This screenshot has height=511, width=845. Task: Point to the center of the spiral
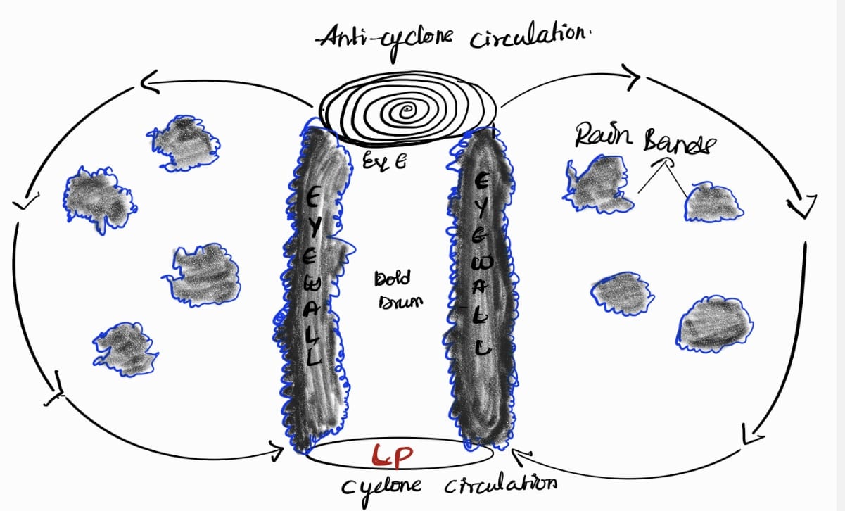(x=407, y=111)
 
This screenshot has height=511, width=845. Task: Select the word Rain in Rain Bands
(x=597, y=138)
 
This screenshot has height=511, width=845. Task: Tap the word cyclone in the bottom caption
(x=383, y=486)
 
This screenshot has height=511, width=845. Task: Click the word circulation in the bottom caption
(x=502, y=485)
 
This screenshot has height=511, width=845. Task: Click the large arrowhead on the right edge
(x=801, y=205)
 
